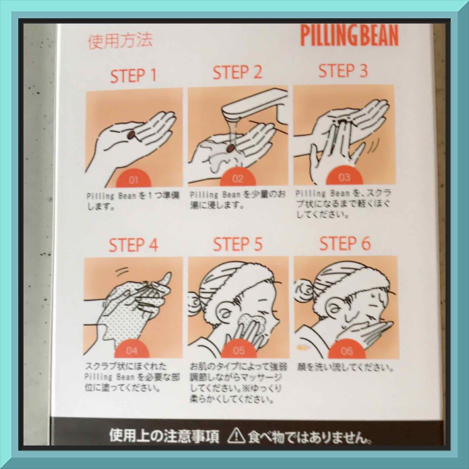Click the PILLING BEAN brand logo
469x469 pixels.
click(x=349, y=35)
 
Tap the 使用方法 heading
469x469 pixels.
click(x=120, y=41)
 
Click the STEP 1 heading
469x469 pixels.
click(x=133, y=76)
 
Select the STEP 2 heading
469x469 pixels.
click(x=237, y=73)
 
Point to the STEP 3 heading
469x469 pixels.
click(x=343, y=71)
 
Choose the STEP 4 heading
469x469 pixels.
click(x=133, y=245)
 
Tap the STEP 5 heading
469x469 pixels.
click(x=238, y=244)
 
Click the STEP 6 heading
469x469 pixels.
click(x=345, y=243)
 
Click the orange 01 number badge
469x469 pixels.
click(x=133, y=179)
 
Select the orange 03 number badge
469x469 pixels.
click(x=344, y=176)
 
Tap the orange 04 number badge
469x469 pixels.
click(x=131, y=349)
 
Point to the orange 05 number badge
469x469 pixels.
click(x=239, y=349)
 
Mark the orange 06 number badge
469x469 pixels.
click(x=347, y=349)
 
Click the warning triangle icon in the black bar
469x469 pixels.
click(x=236, y=436)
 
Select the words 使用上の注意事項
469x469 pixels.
click(x=164, y=436)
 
